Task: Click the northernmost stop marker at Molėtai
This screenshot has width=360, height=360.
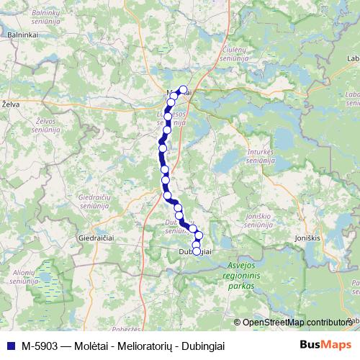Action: (183, 90)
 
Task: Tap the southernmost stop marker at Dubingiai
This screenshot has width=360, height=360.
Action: (196, 251)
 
